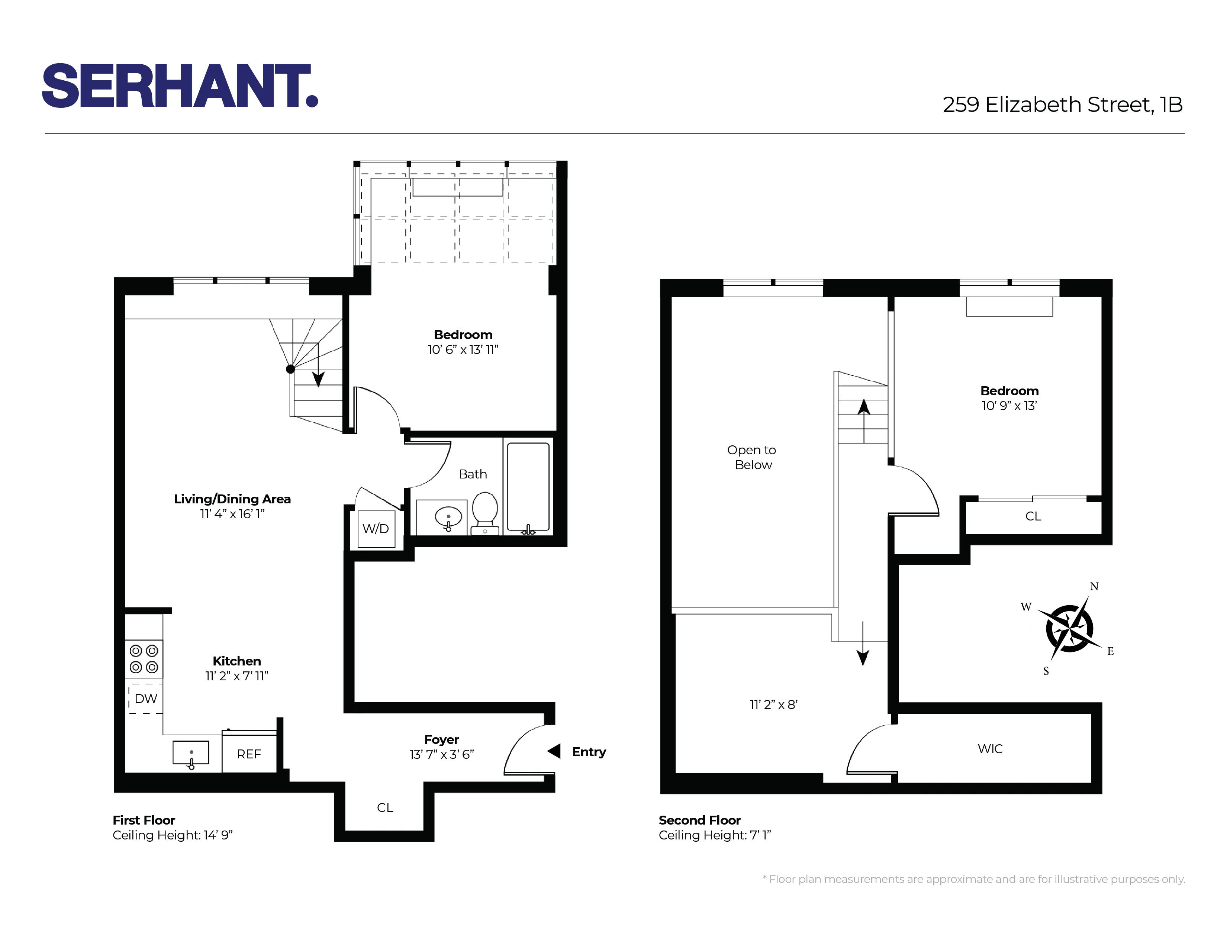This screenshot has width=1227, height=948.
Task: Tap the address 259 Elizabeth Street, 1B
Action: point(1062,104)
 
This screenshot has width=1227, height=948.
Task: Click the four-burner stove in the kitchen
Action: point(144,659)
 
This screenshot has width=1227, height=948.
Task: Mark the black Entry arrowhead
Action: point(554,751)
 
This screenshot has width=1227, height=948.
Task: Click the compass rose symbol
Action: point(1069,628)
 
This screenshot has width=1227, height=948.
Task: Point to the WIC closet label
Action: point(990,749)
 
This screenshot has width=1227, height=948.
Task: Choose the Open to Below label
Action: point(752,457)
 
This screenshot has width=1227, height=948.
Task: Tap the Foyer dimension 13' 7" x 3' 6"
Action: point(442,755)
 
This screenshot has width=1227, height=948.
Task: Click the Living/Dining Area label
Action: point(232,499)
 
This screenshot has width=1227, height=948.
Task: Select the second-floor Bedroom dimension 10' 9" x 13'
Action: point(1009,406)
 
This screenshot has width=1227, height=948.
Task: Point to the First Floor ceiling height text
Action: point(173,835)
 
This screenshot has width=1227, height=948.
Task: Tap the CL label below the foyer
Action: point(385,807)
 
